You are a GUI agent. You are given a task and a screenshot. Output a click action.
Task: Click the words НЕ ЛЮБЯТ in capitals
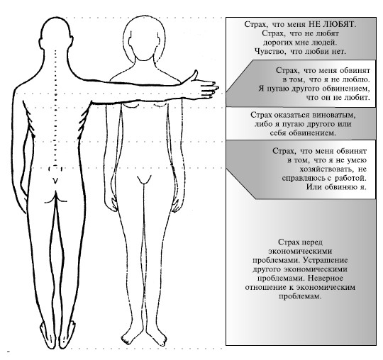click(332, 24)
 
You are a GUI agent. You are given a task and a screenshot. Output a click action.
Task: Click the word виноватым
click(335, 115)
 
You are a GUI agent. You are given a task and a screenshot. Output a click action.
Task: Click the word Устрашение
click(325, 260)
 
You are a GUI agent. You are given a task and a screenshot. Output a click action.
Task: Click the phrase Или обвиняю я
click(337, 187)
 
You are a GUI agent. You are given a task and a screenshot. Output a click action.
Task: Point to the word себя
click(278, 133)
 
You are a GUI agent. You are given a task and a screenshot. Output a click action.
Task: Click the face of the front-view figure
click(144, 46)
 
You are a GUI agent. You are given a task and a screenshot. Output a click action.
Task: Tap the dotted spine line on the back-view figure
click(56, 108)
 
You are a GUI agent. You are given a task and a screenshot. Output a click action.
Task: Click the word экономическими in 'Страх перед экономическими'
click(300, 251)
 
